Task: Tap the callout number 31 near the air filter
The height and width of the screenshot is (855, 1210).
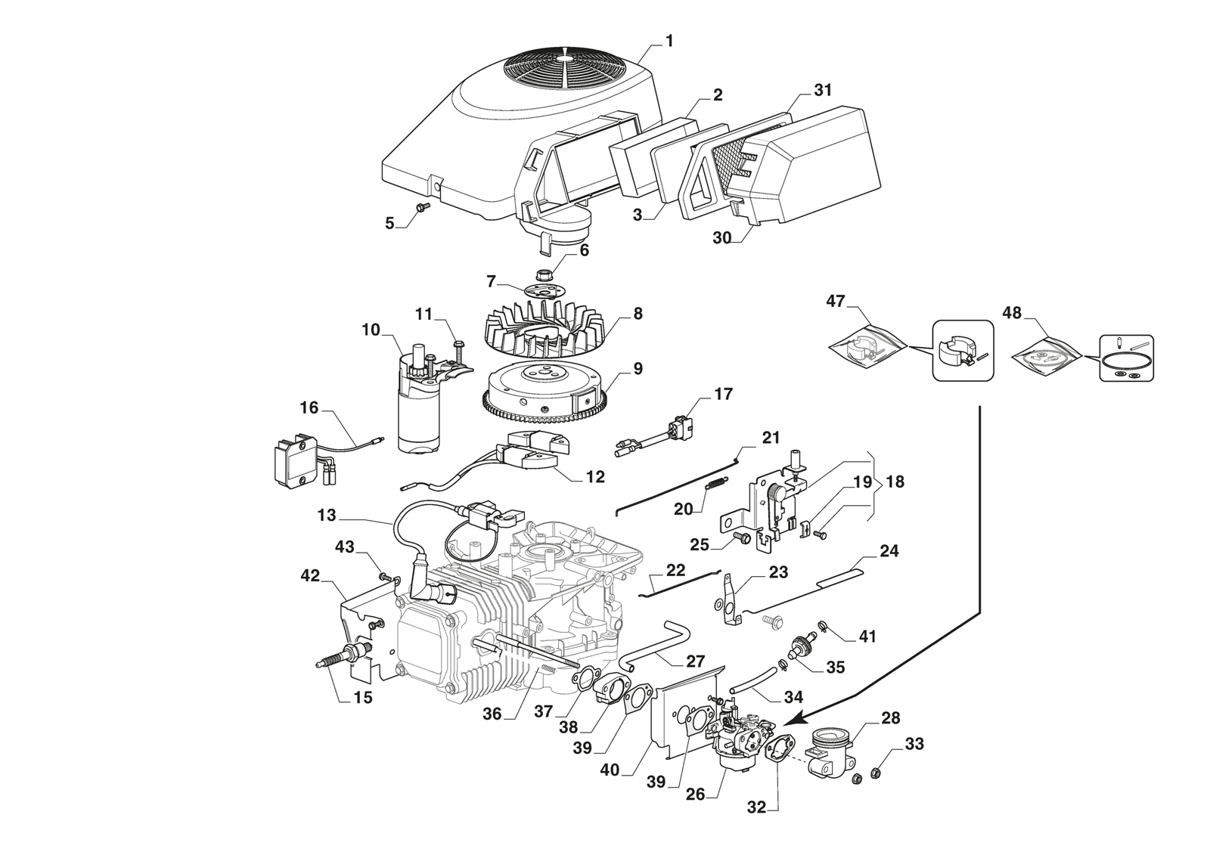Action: pyautogui.click(x=822, y=90)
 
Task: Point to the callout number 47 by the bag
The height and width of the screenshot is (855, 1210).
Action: pyautogui.click(x=835, y=301)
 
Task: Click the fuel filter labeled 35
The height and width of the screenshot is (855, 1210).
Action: pyautogui.click(x=798, y=649)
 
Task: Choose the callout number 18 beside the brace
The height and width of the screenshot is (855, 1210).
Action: pyautogui.click(x=895, y=482)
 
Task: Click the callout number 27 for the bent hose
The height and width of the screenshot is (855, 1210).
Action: pyautogui.click(x=695, y=661)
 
